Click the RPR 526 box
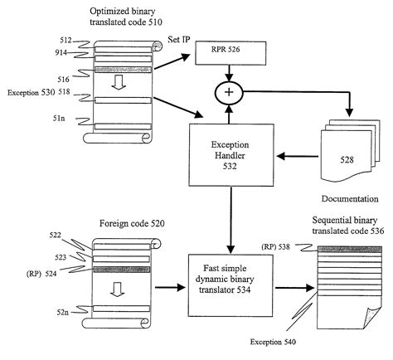[x=230, y=53]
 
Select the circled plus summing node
[x=229, y=93]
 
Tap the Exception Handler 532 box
[x=231, y=155]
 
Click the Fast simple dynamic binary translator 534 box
[x=230, y=285]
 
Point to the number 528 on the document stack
[x=347, y=159]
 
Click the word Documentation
[x=350, y=199]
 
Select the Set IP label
[x=179, y=40]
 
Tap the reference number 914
[x=61, y=52]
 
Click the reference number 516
[x=63, y=80]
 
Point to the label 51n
[x=59, y=118]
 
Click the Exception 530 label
[x=32, y=92]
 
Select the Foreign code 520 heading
[x=132, y=223]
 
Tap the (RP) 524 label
[x=41, y=274]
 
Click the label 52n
[x=63, y=312]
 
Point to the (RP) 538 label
[x=275, y=246]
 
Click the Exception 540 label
[x=273, y=342]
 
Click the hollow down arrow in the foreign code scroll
[x=118, y=289]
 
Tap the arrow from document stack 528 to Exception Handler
[x=298, y=157]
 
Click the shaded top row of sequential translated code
[x=350, y=249]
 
